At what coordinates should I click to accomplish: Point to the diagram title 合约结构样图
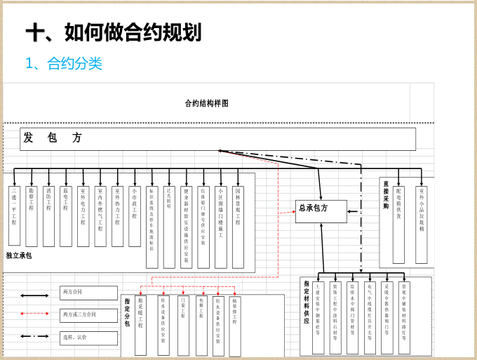coord(207,103)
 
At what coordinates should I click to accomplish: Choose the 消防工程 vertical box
coord(48,215)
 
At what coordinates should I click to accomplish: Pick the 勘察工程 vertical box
coord(32,215)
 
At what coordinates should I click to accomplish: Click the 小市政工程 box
coord(134,215)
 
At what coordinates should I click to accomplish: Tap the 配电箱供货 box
coord(398,224)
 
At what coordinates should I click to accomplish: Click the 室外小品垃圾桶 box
coord(422,224)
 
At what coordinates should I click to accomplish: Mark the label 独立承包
coord(19,255)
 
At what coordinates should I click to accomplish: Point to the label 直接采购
coord(386,196)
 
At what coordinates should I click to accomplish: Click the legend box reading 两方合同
coord(88,293)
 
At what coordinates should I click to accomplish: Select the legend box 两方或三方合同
coord(88,315)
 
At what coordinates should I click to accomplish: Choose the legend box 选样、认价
coord(88,338)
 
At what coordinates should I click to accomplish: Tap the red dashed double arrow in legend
coord(34,315)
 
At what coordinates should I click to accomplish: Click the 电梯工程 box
coord(201,325)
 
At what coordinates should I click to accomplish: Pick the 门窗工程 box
coord(184,325)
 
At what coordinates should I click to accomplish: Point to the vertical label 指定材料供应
coord(307,302)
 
